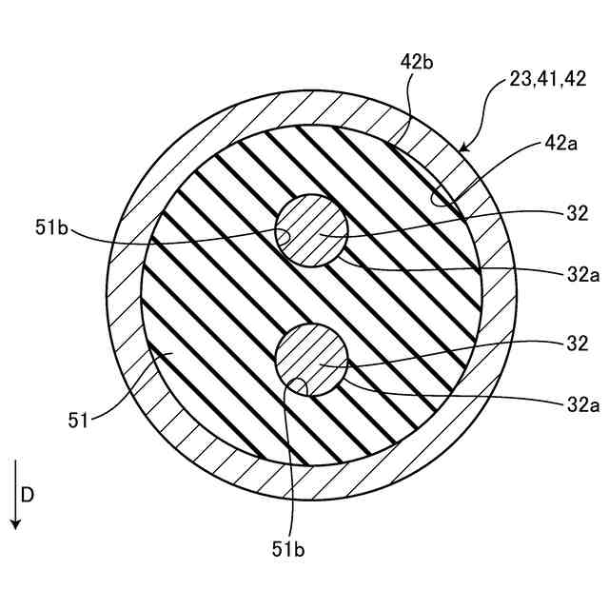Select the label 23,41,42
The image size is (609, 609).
click(x=547, y=81)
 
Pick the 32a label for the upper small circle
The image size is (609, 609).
click(x=581, y=274)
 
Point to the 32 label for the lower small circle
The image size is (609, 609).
click(x=578, y=343)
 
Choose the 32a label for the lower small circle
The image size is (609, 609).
click(x=581, y=404)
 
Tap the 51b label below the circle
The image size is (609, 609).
click(x=288, y=549)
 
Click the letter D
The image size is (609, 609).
click(x=29, y=495)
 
